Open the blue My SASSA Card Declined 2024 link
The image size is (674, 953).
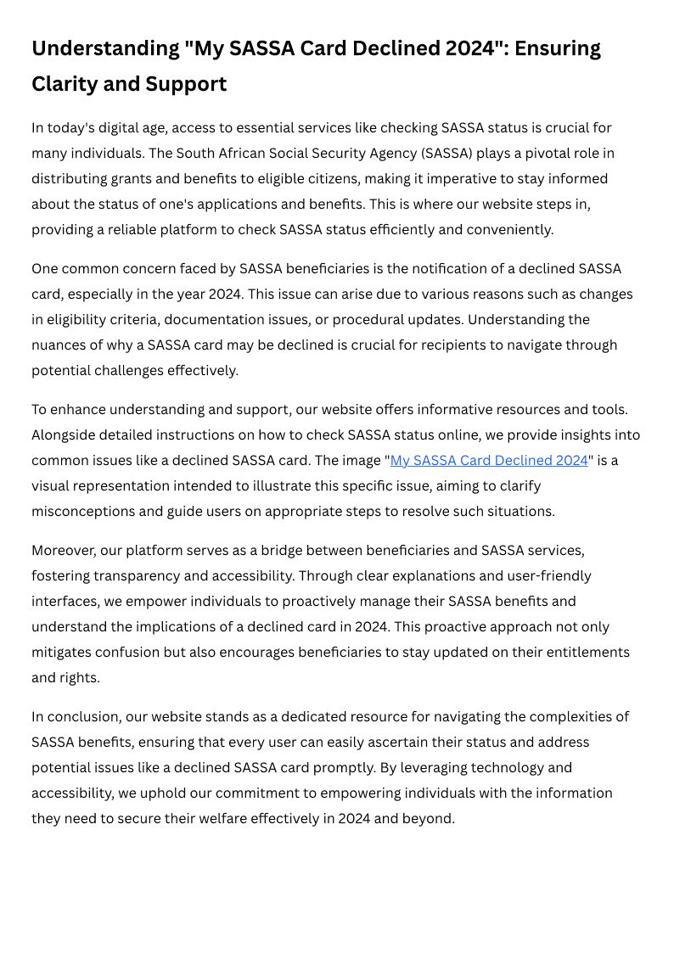point(489,460)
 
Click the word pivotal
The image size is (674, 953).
point(536,153)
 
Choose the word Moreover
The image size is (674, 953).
point(62,550)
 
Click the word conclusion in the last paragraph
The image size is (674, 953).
point(87,716)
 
